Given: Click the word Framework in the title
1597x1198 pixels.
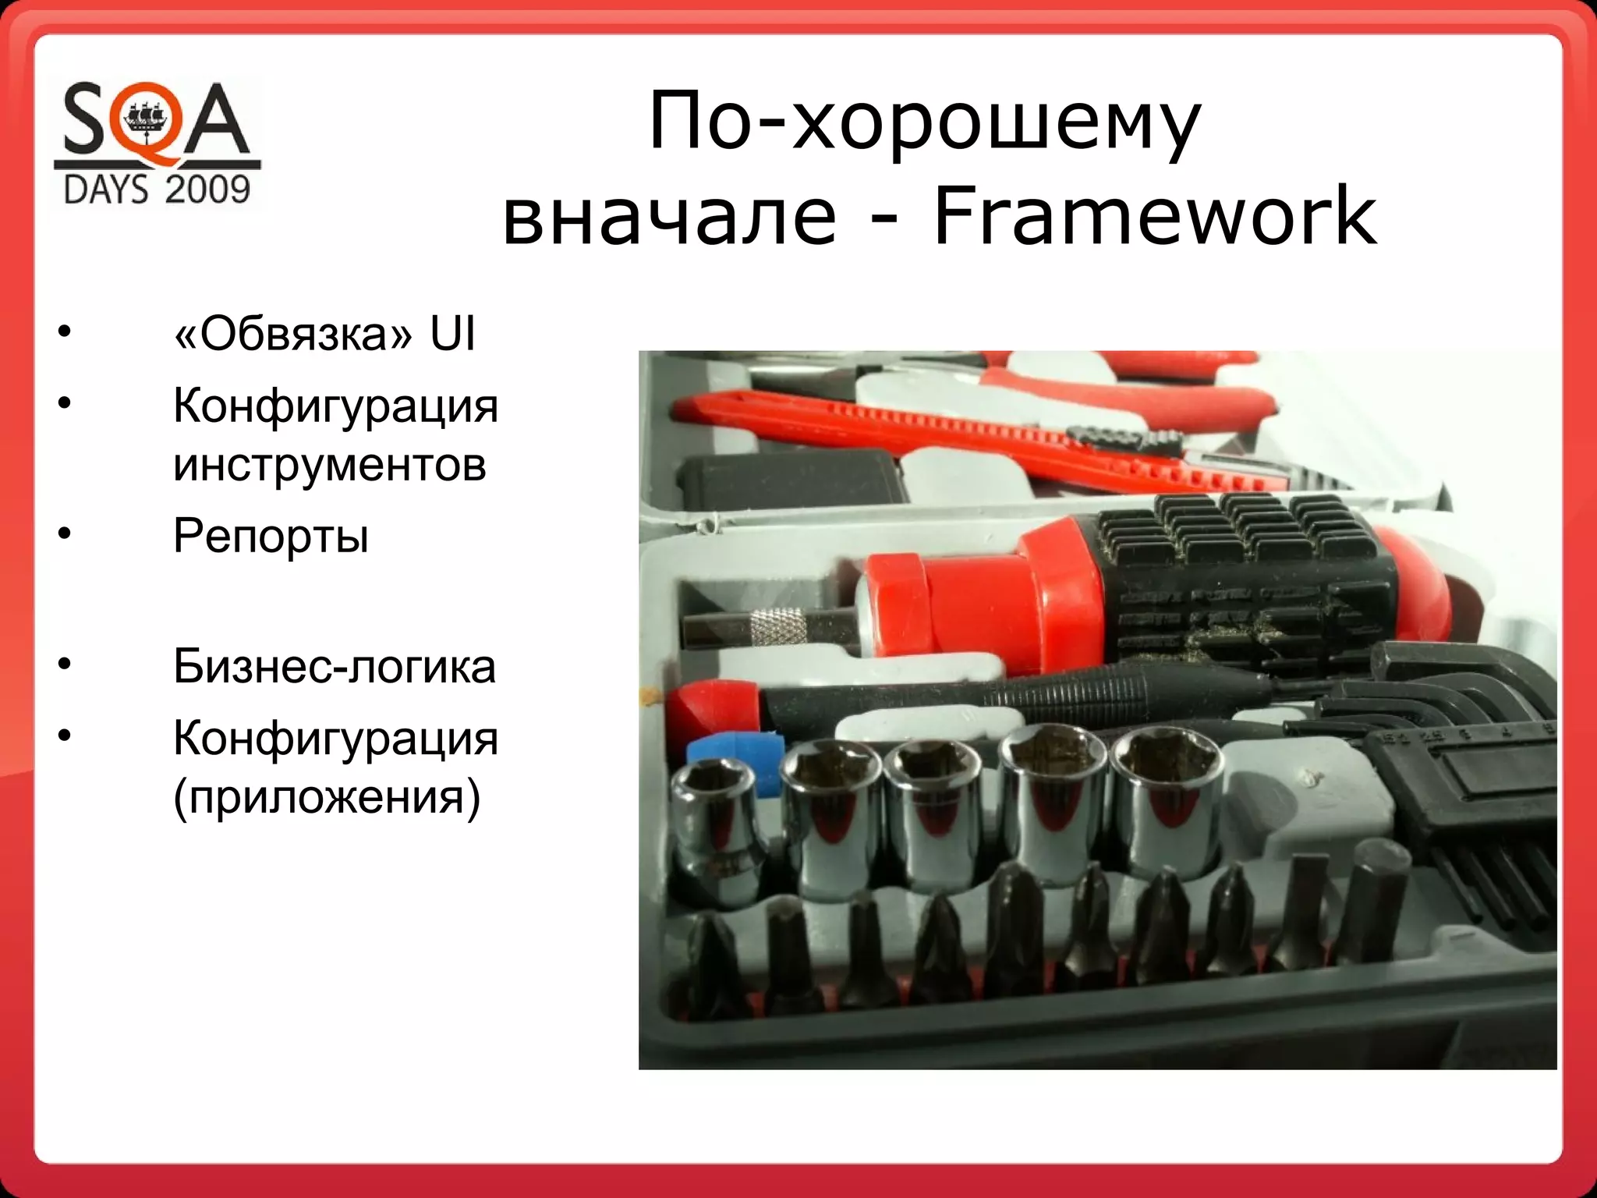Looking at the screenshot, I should point(1155,215).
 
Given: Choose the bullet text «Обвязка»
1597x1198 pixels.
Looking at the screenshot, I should point(292,335).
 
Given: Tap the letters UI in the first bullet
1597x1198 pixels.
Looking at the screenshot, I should point(452,335).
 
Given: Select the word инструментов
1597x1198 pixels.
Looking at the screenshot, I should point(330,465).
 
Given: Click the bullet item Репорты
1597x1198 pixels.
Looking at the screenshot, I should point(271,537).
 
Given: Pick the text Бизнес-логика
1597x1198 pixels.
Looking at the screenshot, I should point(335,667).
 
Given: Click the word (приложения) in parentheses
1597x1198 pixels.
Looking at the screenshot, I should point(327,797).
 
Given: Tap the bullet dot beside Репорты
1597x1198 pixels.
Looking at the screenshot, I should point(64,535).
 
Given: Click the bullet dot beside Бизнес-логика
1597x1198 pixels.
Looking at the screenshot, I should point(64,665).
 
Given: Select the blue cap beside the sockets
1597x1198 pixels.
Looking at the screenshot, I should point(733,760).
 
